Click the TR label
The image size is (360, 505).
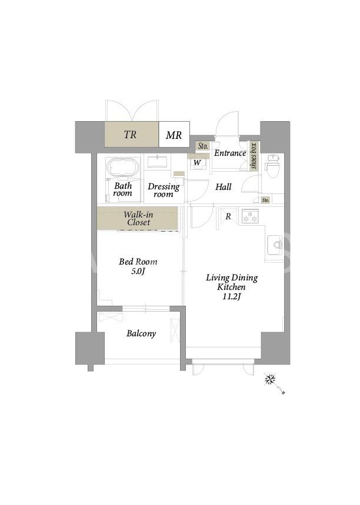[x=130, y=134]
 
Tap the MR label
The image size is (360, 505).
[x=174, y=135]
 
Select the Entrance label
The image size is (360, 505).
[x=230, y=153]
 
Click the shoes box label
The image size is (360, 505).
[x=254, y=156]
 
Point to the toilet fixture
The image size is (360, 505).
[x=272, y=166]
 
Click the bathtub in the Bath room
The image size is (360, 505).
[x=122, y=168]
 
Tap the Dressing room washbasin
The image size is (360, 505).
[x=157, y=162]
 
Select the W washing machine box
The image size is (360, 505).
[x=197, y=163]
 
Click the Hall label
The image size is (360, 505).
[x=224, y=187]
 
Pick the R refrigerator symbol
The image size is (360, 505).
[x=228, y=216]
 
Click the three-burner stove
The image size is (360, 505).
[x=250, y=216]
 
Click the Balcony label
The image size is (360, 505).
[x=141, y=333]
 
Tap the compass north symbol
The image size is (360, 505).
[x=271, y=379]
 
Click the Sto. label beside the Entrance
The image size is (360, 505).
[x=203, y=146]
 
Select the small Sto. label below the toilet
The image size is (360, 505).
[x=265, y=200]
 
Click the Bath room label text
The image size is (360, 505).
[x=123, y=189]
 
